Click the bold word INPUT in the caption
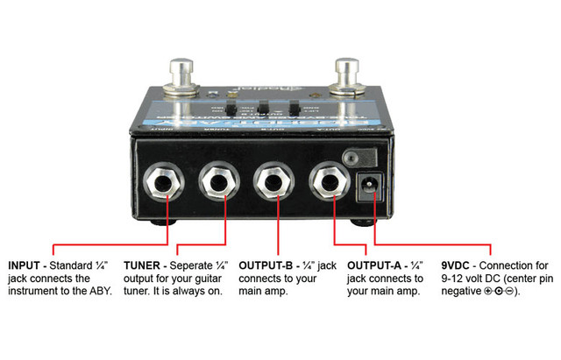point(26,265)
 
